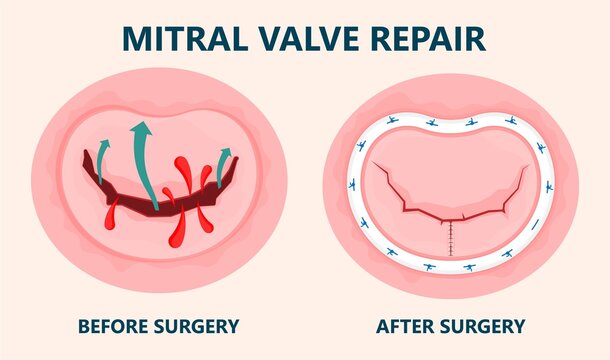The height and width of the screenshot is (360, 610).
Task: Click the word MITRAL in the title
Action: pyautogui.click(x=184, y=37)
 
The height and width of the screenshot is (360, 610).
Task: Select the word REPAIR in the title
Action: pyautogui.click(x=427, y=37)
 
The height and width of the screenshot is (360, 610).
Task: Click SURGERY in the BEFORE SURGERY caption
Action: pyautogui.click(x=200, y=325)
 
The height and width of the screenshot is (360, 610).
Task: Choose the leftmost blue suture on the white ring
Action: pyautogui.click(x=352, y=186)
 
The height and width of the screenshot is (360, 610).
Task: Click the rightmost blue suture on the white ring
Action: pyautogui.click(x=549, y=186)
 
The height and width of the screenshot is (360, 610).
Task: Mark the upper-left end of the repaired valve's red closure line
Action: pyautogui.click(x=373, y=165)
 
